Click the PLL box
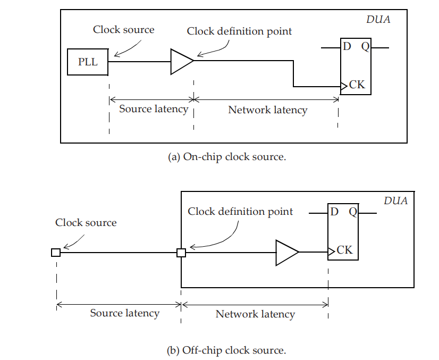[88, 62]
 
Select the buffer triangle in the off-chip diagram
[286, 253]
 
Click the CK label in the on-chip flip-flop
[357, 85]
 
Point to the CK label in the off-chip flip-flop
[344, 250]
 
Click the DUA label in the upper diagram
[378, 20]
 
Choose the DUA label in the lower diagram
[395, 201]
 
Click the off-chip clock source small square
[56, 253]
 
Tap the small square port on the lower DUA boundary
[181, 253]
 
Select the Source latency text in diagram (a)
[153, 109]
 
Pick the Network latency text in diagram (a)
[267, 110]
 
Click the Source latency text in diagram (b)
[124, 313]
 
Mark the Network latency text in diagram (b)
[255, 314]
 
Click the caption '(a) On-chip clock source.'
[227, 157]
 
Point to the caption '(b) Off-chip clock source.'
[226, 350]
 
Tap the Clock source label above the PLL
[124, 29]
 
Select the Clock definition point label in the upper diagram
[239, 31]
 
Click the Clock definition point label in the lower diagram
[240, 212]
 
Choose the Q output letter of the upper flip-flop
[365, 47]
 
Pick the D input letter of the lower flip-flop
[334, 212]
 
